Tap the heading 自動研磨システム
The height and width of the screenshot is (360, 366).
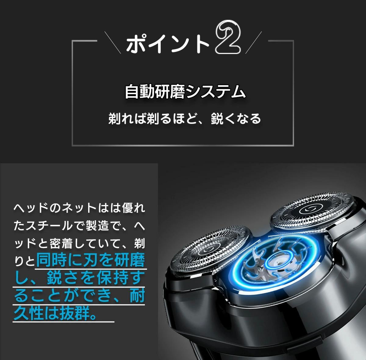(185, 92)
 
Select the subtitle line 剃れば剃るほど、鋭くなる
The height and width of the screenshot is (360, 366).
(185, 118)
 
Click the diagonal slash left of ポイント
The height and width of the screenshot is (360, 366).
(113, 42)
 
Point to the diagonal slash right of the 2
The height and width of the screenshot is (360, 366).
(253, 42)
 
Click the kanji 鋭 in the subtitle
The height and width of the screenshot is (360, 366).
(217, 119)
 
